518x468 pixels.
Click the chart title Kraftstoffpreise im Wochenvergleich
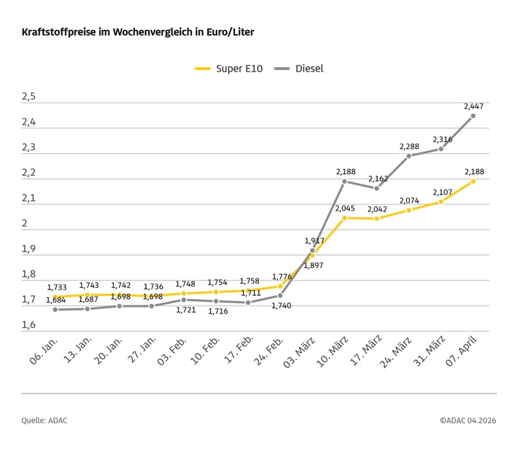(x=138, y=33)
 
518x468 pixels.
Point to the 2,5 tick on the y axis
(x=28, y=97)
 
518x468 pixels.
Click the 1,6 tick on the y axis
(x=28, y=325)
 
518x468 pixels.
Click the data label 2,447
(x=473, y=106)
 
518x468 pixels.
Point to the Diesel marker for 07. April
(x=473, y=116)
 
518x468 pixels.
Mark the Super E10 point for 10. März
(x=346, y=218)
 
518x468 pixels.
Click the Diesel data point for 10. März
(x=346, y=182)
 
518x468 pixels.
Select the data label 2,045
(x=346, y=208)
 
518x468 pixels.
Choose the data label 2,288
(x=409, y=147)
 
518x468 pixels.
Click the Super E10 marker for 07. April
(x=473, y=181)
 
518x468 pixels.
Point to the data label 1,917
(x=313, y=240)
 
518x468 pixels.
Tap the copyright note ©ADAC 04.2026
(x=468, y=420)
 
